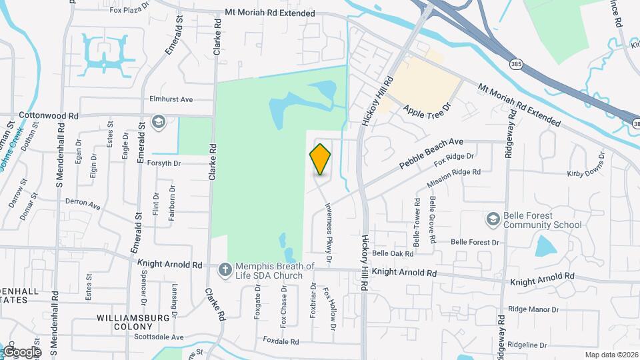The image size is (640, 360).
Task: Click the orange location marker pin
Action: [321, 159]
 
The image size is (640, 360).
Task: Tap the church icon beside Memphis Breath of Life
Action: [225, 269]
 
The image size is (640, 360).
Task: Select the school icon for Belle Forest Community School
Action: [493, 219]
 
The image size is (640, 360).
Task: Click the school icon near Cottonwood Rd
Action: [158, 122]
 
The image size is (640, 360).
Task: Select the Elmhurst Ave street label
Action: [171, 99]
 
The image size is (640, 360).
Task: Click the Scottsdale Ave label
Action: [160, 337]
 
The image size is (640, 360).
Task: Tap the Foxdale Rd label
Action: [281, 341]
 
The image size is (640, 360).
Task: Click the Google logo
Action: [22, 351]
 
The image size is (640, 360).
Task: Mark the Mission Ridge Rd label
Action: [453, 178]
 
